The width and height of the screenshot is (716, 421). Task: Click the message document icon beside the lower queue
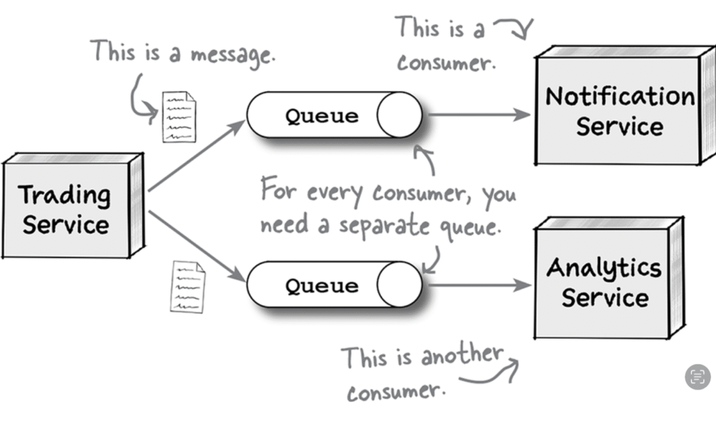pos(188,287)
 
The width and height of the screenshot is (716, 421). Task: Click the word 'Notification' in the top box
pos(620,95)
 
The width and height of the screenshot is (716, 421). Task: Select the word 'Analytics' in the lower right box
pos(604,267)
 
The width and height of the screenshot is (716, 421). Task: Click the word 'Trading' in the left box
pos(64,194)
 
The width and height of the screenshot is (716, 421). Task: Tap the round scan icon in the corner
pos(697,377)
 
